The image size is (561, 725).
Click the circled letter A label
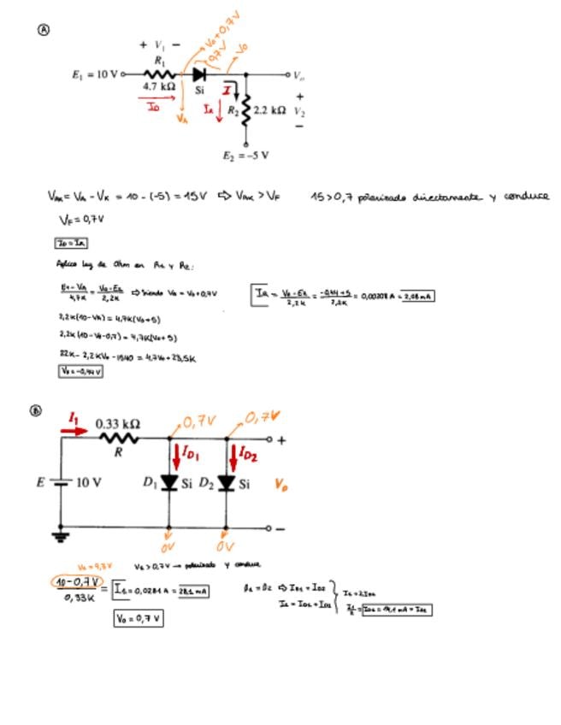44,29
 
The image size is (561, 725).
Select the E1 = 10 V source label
96,74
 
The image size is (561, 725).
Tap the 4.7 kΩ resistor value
160,86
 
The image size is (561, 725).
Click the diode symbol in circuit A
198,74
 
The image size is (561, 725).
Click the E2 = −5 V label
245,156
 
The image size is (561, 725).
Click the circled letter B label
36,410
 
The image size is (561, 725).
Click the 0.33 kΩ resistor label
118,423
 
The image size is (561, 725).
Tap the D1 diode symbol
169,483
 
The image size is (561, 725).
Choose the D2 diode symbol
226,483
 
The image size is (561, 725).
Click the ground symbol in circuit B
61,537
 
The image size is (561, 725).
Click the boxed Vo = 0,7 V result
139,617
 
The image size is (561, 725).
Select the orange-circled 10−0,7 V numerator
74,582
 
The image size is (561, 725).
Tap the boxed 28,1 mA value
193,592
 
